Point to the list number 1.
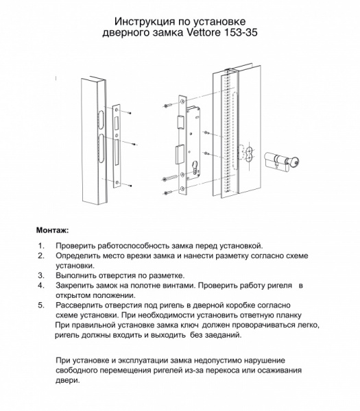(x=41, y=245)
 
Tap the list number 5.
(x=41, y=303)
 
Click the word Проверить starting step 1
(x=80, y=245)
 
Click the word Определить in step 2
(x=82, y=255)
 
